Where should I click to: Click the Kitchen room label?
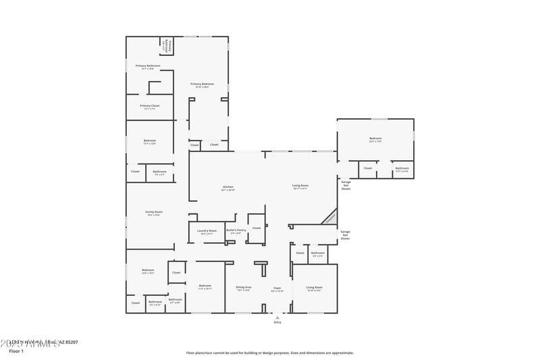(227, 187)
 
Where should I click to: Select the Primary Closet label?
(150, 106)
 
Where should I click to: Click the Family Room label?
(154, 213)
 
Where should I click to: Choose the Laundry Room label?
(207, 231)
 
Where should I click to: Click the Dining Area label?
(244, 288)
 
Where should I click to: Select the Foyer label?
(277, 288)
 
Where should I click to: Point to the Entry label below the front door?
(277, 323)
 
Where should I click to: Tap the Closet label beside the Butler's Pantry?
(256, 228)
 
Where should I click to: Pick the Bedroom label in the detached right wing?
(375, 139)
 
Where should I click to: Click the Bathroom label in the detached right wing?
(402, 168)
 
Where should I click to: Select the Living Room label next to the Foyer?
(315, 288)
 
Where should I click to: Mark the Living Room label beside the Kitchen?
(300, 186)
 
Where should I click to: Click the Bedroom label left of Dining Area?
(205, 286)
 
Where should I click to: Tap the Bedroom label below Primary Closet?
(150, 142)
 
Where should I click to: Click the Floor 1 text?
(16, 351)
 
